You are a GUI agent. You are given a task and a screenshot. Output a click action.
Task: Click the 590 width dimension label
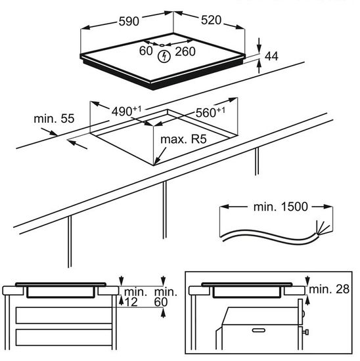[129, 21]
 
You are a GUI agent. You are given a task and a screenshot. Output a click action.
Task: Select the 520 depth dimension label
[211, 20]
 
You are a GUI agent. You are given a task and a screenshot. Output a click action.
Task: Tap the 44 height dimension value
[271, 56]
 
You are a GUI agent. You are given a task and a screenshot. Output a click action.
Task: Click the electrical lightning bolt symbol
[164, 56]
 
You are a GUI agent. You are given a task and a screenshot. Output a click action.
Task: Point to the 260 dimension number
[185, 52]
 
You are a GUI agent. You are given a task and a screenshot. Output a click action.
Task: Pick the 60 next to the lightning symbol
[146, 51]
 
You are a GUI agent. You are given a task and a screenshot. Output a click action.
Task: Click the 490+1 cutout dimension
[127, 111]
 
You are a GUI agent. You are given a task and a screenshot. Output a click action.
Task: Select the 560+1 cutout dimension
[210, 112]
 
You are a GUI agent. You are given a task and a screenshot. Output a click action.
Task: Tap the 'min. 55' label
[54, 119]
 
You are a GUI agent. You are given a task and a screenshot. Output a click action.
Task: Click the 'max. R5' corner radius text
[183, 139]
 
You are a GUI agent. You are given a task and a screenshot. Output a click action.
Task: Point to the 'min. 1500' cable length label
[281, 207]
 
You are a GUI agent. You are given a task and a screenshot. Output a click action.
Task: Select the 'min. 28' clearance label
[329, 289]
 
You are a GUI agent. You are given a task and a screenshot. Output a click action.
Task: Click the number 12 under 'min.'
[131, 302]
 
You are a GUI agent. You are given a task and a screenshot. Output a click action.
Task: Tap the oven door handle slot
[259, 330]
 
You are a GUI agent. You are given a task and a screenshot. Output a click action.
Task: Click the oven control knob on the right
[305, 332]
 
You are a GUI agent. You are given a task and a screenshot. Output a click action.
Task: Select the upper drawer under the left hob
[64, 315]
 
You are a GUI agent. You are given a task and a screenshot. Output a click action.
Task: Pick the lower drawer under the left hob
[64, 337]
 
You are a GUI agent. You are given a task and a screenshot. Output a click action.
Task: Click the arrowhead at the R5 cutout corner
[156, 161]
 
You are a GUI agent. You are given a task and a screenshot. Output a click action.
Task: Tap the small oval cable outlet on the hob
[162, 45]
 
